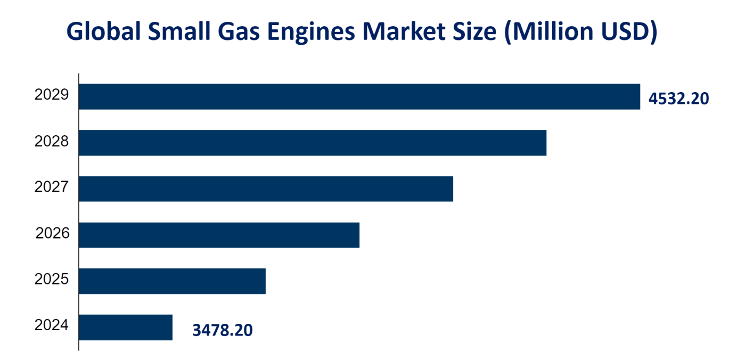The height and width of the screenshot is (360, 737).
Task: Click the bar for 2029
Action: tap(359, 96)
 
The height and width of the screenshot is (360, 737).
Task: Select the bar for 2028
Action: tap(313, 143)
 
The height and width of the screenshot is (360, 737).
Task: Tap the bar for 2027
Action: tap(266, 189)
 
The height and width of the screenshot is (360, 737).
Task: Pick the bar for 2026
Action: tap(219, 235)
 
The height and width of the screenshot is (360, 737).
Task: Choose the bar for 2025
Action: tap(172, 281)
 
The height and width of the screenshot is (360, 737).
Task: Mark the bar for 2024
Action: tap(126, 327)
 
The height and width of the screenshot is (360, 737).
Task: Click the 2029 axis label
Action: tap(52, 95)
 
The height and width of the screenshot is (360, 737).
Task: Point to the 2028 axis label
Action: tap(52, 142)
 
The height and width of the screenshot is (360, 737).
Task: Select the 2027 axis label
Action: tap(52, 187)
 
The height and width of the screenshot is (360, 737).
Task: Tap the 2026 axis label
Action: tap(53, 233)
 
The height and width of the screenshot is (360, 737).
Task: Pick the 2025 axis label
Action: tap(52, 279)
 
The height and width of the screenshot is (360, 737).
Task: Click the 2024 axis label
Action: tap(52, 325)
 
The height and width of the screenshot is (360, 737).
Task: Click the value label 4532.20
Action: tap(678, 99)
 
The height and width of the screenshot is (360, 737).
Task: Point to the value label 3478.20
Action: tap(222, 331)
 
